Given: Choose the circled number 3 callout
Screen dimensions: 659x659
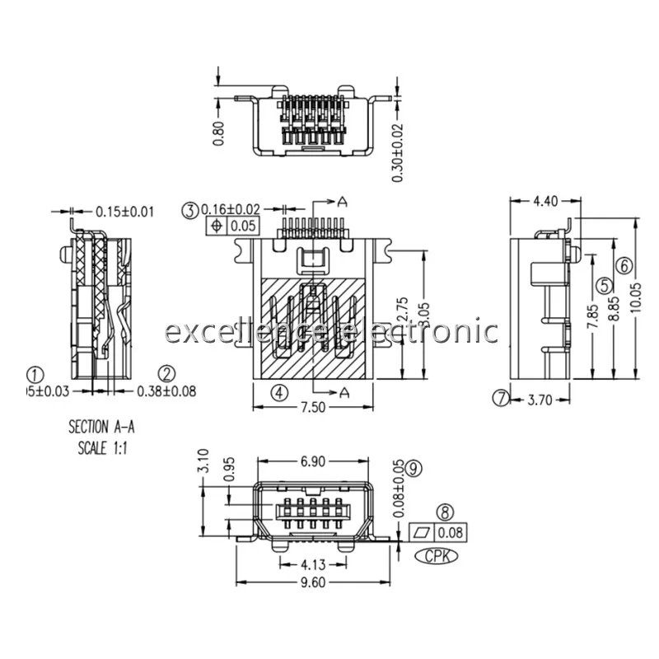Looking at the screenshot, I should (x=190, y=209).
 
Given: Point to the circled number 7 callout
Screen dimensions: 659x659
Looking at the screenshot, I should (x=502, y=400).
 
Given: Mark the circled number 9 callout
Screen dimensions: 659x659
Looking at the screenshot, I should (x=414, y=467).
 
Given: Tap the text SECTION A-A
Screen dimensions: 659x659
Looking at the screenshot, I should (x=99, y=428).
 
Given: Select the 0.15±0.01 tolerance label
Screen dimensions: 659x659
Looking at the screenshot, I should (x=124, y=212).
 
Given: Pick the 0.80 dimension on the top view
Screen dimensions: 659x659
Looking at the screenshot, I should (x=218, y=133).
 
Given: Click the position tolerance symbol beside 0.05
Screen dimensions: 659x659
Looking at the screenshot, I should (x=217, y=226).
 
